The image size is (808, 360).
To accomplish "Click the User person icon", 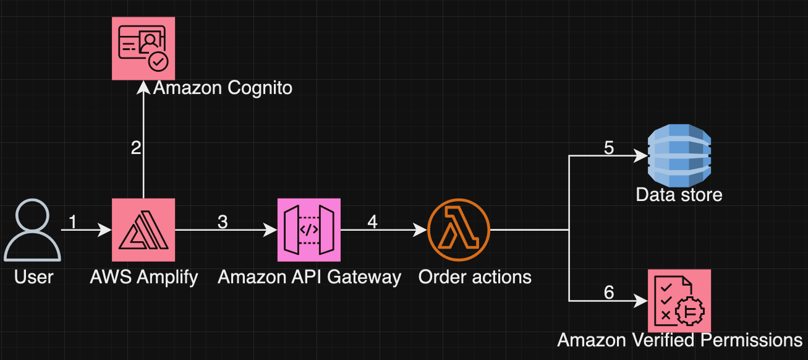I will pyautogui.click(x=33, y=230).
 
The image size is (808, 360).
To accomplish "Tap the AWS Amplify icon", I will pyautogui.click(x=143, y=230).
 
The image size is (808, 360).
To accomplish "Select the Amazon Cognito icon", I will pyautogui.click(x=143, y=48).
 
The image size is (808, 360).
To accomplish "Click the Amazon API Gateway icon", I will pyautogui.click(x=308, y=230).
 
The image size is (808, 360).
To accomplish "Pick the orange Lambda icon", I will pyautogui.click(x=459, y=230).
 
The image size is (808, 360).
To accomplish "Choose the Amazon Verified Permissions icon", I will pyautogui.click(x=679, y=301).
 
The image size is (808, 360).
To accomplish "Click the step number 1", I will pyautogui.click(x=73, y=222).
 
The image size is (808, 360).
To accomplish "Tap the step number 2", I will pyautogui.click(x=136, y=148).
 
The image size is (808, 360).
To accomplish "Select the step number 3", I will pyautogui.click(x=223, y=222).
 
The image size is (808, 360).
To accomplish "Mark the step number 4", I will pyautogui.click(x=372, y=222).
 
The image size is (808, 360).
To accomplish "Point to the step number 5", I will pyautogui.click(x=608, y=148).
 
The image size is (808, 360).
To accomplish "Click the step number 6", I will pyautogui.click(x=608, y=293).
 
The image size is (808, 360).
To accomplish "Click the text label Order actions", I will pyautogui.click(x=475, y=276).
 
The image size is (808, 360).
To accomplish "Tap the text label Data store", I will pyautogui.click(x=679, y=195).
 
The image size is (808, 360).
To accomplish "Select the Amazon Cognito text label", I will pyautogui.click(x=223, y=88).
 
